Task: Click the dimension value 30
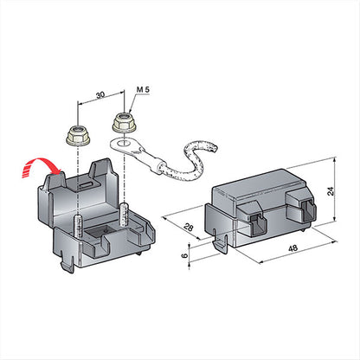tap(100, 95)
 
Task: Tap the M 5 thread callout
tap(143, 89)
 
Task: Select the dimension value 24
tap(331, 191)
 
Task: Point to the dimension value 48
tap(292, 248)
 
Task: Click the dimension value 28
tap(189, 228)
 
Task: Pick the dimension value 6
tap(185, 255)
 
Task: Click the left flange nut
tap(78, 136)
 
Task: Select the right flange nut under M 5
tap(125, 123)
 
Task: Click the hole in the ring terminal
tap(124, 142)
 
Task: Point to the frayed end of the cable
tap(214, 148)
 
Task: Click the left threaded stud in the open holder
tap(79, 226)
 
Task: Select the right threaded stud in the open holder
tap(124, 215)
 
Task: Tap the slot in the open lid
tap(85, 185)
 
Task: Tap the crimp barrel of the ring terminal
tap(157, 165)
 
